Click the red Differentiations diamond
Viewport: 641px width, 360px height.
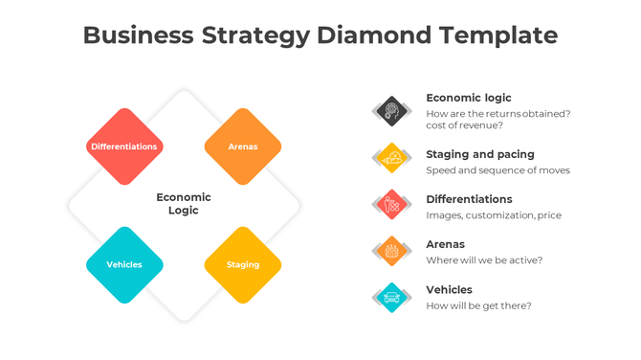tap(124, 146)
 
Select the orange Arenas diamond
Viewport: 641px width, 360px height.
tap(243, 146)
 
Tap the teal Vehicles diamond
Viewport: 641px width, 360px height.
tap(124, 265)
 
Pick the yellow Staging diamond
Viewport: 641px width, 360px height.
tap(243, 265)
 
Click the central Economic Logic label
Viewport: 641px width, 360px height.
tap(184, 204)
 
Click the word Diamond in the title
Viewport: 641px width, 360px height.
tap(375, 35)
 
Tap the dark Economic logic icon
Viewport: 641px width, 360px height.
tap(390, 111)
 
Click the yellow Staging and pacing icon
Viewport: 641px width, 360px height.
tap(390, 158)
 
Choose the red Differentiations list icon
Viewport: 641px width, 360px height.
tap(390, 204)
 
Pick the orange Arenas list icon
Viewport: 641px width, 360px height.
tap(390, 251)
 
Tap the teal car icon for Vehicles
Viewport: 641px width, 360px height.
tap(390, 297)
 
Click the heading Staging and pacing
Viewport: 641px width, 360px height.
tap(480, 154)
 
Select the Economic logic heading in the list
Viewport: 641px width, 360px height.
tap(469, 98)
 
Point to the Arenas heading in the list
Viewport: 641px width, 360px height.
tap(445, 244)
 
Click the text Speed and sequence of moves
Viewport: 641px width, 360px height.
tap(497, 170)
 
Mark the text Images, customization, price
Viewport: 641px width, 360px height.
tap(494, 215)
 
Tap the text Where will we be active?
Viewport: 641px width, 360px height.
tap(484, 260)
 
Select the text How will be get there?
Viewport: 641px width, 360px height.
tap(478, 305)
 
